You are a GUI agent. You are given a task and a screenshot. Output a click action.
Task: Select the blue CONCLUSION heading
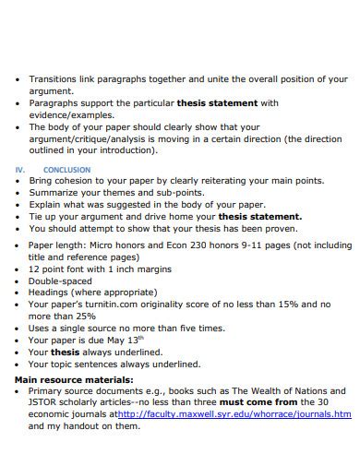67,170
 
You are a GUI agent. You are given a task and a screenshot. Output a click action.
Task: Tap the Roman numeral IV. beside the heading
19,170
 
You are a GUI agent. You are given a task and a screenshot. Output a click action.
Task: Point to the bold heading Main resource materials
74,379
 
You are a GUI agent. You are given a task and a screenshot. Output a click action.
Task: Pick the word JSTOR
45,402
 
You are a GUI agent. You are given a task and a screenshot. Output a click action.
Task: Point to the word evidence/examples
66,115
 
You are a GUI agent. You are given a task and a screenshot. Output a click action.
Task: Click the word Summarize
59,193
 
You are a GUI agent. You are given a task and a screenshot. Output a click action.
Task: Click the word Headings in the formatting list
52,293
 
